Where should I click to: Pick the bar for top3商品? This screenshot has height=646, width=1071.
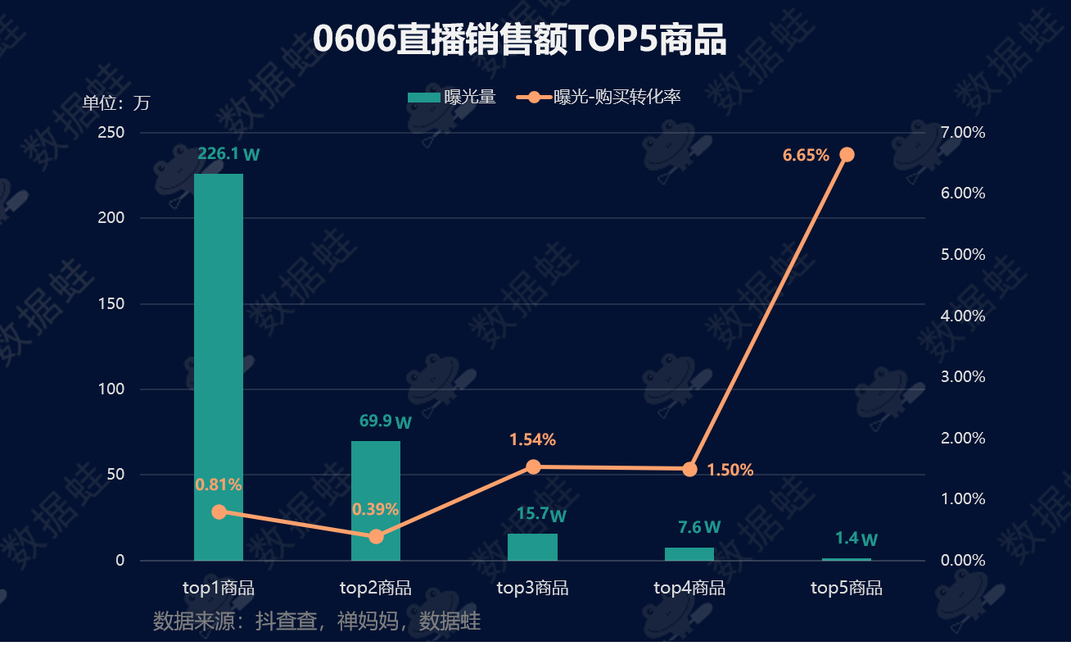point(532,547)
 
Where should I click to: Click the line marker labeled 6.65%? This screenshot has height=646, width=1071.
point(847,155)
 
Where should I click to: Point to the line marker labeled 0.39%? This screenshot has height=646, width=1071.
point(376,536)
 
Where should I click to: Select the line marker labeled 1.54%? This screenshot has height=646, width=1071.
point(533,467)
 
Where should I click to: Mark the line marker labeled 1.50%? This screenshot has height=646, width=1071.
point(689,469)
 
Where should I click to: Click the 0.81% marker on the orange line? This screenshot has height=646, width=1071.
point(219,512)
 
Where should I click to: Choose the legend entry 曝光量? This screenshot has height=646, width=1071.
point(452,98)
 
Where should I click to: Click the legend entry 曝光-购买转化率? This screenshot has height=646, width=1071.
point(599,98)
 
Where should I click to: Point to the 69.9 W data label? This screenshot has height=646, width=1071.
point(385,422)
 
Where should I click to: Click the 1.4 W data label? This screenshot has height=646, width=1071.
point(856,539)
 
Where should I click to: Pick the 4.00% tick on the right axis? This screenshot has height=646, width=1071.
point(964,316)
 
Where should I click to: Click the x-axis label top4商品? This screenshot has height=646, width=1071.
point(689,588)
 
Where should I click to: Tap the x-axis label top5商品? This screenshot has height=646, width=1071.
point(847,588)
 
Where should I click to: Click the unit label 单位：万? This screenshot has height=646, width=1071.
point(116,103)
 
